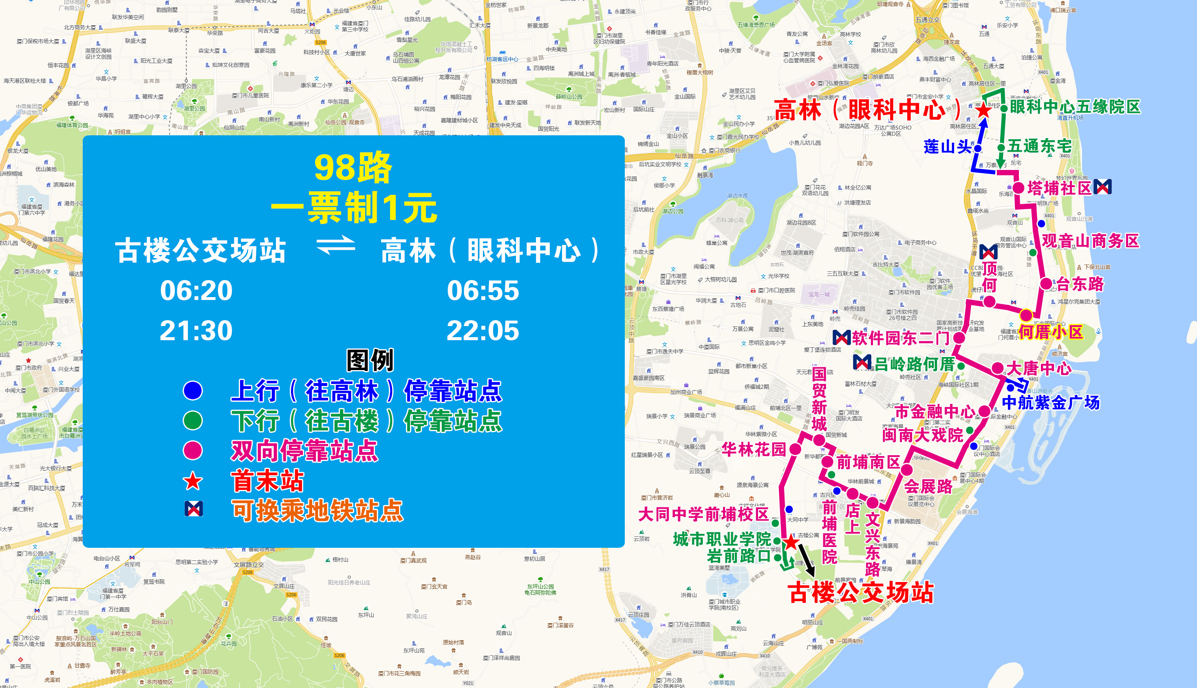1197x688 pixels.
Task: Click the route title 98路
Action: point(353,168)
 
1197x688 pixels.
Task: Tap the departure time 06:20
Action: point(196,290)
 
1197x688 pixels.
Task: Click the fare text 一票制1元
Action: point(354,208)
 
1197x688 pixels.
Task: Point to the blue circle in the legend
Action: point(193,390)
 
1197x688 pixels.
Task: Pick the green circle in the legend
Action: point(193,421)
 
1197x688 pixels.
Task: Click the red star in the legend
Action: point(193,481)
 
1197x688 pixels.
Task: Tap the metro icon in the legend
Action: point(194,509)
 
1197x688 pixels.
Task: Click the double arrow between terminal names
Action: point(335,245)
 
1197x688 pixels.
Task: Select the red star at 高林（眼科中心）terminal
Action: point(983,110)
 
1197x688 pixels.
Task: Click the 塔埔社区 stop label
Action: point(1059,188)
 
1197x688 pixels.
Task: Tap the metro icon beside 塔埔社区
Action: point(1102,187)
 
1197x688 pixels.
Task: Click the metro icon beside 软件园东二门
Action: point(841,337)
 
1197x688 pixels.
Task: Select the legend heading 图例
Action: point(370,361)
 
